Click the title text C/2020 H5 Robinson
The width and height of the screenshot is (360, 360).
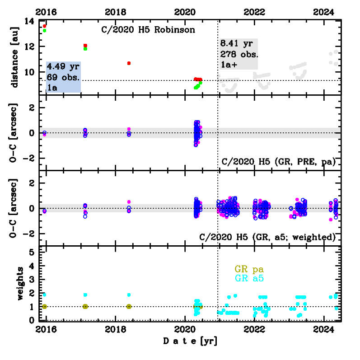[x=148, y=31]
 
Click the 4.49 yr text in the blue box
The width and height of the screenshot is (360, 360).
[x=63, y=66]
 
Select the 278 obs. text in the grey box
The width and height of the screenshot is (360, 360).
[x=239, y=54]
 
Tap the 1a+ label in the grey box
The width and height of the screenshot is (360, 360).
[x=229, y=64]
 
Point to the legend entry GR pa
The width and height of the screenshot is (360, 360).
[x=246, y=270]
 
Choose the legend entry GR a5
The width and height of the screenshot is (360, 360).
[x=246, y=279]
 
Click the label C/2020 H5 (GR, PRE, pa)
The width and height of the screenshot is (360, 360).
[x=279, y=162]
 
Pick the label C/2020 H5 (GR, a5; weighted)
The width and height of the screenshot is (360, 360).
[x=267, y=237]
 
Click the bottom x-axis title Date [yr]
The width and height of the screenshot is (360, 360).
[x=190, y=341]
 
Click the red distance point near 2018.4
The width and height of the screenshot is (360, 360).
[x=129, y=63]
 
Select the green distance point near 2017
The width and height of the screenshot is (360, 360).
[x=85, y=49]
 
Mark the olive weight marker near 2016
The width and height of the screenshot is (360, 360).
[x=44, y=306]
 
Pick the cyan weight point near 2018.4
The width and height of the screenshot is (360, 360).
[x=129, y=295]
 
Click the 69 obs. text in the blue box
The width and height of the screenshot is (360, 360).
[x=63, y=77]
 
